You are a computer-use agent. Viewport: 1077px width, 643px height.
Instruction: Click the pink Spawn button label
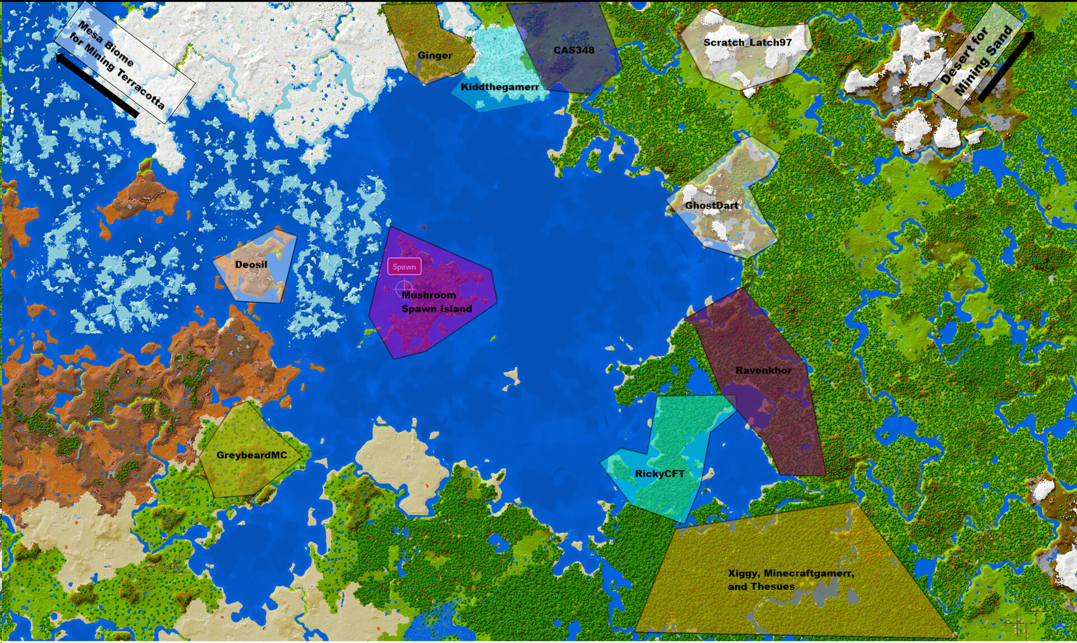pyautogui.click(x=404, y=267)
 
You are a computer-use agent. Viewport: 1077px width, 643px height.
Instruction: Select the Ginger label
pyautogui.click(x=435, y=55)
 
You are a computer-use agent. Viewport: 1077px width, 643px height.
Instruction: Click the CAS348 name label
pyautogui.click(x=574, y=50)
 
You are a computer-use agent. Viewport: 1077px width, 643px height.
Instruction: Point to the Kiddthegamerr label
pyautogui.click(x=500, y=87)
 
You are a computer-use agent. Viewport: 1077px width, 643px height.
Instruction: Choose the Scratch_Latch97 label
pyautogui.click(x=747, y=42)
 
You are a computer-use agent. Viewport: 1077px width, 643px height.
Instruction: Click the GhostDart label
pyautogui.click(x=711, y=206)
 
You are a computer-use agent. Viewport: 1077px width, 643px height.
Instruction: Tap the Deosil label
pyautogui.click(x=251, y=265)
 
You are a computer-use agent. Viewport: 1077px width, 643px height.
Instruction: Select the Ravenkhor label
pyautogui.click(x=763, y=371)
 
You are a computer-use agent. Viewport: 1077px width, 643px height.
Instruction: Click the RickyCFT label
pyautogui.click(x=660, y=474)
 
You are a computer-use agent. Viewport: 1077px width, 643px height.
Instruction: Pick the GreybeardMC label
pyautogui.click(x=251, y=455)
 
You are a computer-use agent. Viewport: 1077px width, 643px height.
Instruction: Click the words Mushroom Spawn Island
pyautogui.click(x=436, y=302)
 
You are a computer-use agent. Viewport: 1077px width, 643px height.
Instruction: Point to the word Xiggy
pyautogui.click(x=742, y=573)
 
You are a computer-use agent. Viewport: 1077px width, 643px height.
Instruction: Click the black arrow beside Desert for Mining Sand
pyautogui.click(x=1006, y=66)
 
